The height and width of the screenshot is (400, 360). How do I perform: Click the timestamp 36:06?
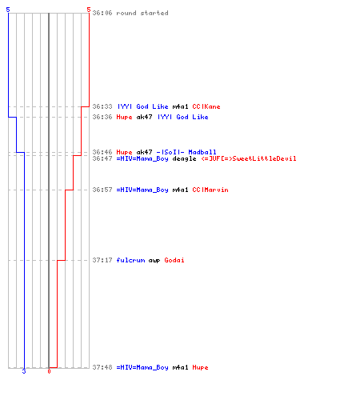click(102, 13)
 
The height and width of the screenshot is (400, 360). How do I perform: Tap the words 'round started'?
click(142, 13)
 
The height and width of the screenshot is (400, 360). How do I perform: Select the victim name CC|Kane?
click(206, 106)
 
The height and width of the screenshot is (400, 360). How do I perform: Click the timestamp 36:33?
click(102, 106)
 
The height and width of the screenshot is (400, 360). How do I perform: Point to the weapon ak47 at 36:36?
click(144, 117)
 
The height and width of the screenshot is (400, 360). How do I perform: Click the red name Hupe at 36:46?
click(124, 152)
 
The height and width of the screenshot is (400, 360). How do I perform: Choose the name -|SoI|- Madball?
click(186, 152)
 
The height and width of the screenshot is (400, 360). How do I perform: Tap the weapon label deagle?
click(184, 158)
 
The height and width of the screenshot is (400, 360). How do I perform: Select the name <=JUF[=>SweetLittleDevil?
click(249, 158)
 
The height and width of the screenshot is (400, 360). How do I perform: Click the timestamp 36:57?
click(102, 190)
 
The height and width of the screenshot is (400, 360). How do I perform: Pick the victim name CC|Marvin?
click(210, 190)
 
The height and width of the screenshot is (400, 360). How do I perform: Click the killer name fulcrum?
click(130, 260)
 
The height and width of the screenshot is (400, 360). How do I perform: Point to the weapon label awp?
click(154, 261)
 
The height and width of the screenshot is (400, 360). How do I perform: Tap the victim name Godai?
click(174, 260)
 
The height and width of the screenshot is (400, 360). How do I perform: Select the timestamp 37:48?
click(102, 367)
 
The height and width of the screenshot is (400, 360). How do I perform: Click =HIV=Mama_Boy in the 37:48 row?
click(142, 367)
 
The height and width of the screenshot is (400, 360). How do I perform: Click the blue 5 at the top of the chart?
click(8, 10)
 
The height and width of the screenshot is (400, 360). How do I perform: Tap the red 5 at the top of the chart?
click(89, 10)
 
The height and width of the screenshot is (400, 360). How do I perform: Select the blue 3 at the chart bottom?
click(24, 371)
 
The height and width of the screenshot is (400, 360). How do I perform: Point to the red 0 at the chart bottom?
click(49, 371)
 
